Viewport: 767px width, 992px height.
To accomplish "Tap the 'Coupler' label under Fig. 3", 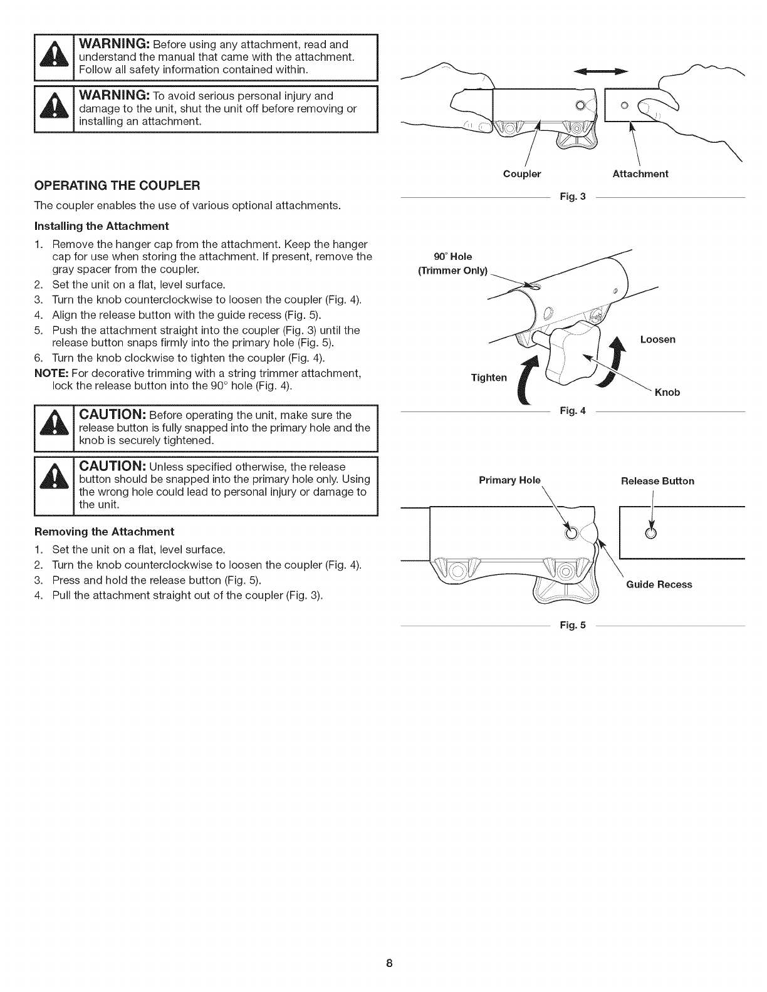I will coord(522,174).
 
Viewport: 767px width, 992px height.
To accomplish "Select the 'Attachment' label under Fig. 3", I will coord(640,174).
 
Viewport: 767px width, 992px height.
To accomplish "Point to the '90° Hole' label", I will coord(452,256).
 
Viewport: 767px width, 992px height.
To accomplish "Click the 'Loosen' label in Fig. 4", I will coord(657,339).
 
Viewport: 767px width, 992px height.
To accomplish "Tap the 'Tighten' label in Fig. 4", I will coord(488,378).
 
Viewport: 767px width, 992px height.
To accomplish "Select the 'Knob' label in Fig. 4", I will coord(667,393).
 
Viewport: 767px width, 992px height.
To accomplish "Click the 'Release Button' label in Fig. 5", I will coord(657,481).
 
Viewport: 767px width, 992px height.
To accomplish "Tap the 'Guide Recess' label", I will coord(659,584).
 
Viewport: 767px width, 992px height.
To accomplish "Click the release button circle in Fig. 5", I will coord(650,534).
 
